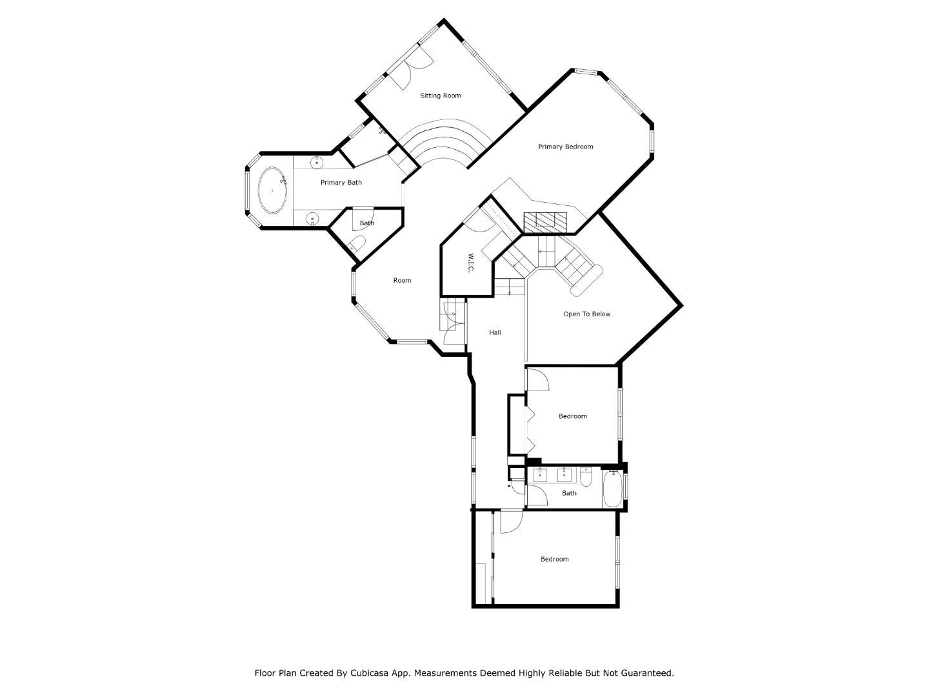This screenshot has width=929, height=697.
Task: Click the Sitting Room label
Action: [x=441, y=96]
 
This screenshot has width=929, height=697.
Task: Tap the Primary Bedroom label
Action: [x=566, y=146]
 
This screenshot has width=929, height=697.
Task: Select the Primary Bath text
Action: [x=341, y=183]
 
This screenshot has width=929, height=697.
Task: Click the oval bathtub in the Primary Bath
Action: [x=273, y=190]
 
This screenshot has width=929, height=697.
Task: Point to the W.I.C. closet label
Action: [x=471, y=263]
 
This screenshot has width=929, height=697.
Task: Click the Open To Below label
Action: [x=586, y=314]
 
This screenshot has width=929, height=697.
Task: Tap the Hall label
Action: [x=495, y=332]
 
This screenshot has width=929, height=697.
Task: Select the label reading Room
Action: [x=403, y=280]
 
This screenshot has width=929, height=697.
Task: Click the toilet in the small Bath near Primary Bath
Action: [x=357, y=243]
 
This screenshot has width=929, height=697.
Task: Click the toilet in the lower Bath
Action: [x=586, y=477]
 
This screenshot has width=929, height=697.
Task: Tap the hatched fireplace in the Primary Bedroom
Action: [x=545, y=223]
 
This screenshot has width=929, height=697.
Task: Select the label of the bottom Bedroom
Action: [x=554, y=559]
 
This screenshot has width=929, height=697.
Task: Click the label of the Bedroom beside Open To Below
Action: [x=572, y=416]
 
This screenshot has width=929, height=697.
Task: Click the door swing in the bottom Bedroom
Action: [x=510, y=521]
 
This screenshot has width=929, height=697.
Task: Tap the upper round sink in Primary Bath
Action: [x=317, y=162]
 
